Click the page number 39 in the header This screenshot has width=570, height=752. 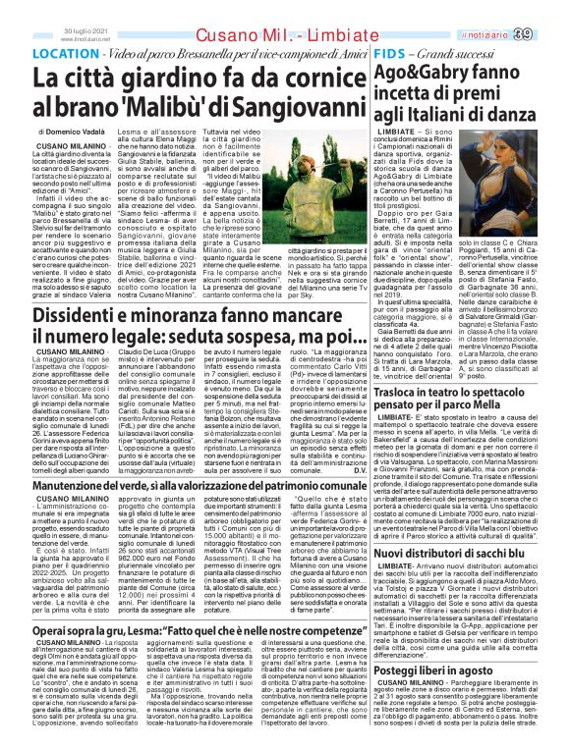pos(549,35)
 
